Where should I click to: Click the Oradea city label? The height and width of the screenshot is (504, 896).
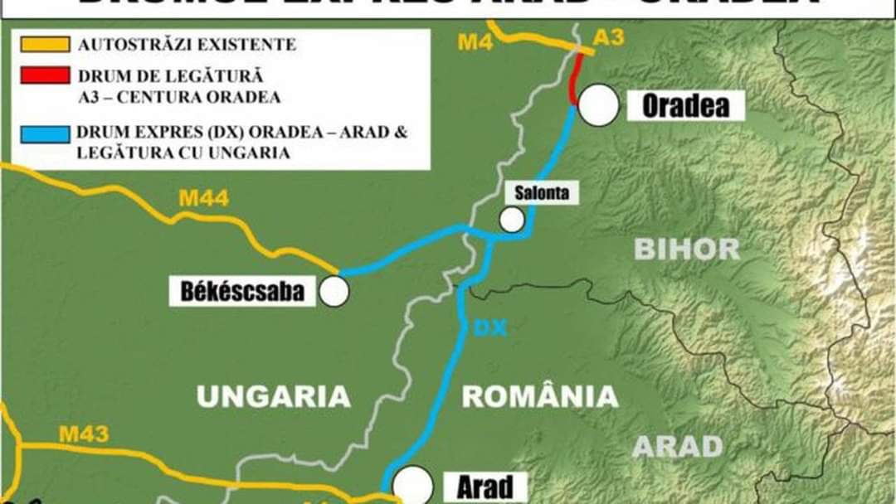click(x=685, y=106)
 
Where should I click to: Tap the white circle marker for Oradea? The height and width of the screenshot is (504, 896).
click(x=599, y=105)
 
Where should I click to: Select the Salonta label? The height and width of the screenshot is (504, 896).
click(x=542, y=192)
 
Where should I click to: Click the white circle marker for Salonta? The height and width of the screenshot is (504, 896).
click(x=512, y=220)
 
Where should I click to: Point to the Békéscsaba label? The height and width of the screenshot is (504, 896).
click(x=242, y=292)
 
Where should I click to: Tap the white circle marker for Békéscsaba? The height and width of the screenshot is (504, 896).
click(x=334, y=292)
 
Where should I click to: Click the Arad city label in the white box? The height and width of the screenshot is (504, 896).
click(x=485, y=487)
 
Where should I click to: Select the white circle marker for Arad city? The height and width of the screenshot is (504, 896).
click(x=413, y=483)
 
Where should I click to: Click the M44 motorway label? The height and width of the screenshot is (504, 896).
click(x=203, y=199)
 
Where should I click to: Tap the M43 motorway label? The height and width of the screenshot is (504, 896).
click(x=83, y=434)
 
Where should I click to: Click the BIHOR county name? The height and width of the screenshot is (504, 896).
click(x=687, y=249)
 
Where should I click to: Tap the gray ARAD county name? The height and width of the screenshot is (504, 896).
click(x=678, y=447)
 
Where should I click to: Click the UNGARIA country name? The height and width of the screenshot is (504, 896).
click(x=273, y=396)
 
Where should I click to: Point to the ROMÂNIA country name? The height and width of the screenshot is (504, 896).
click(x=540, y=396)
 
